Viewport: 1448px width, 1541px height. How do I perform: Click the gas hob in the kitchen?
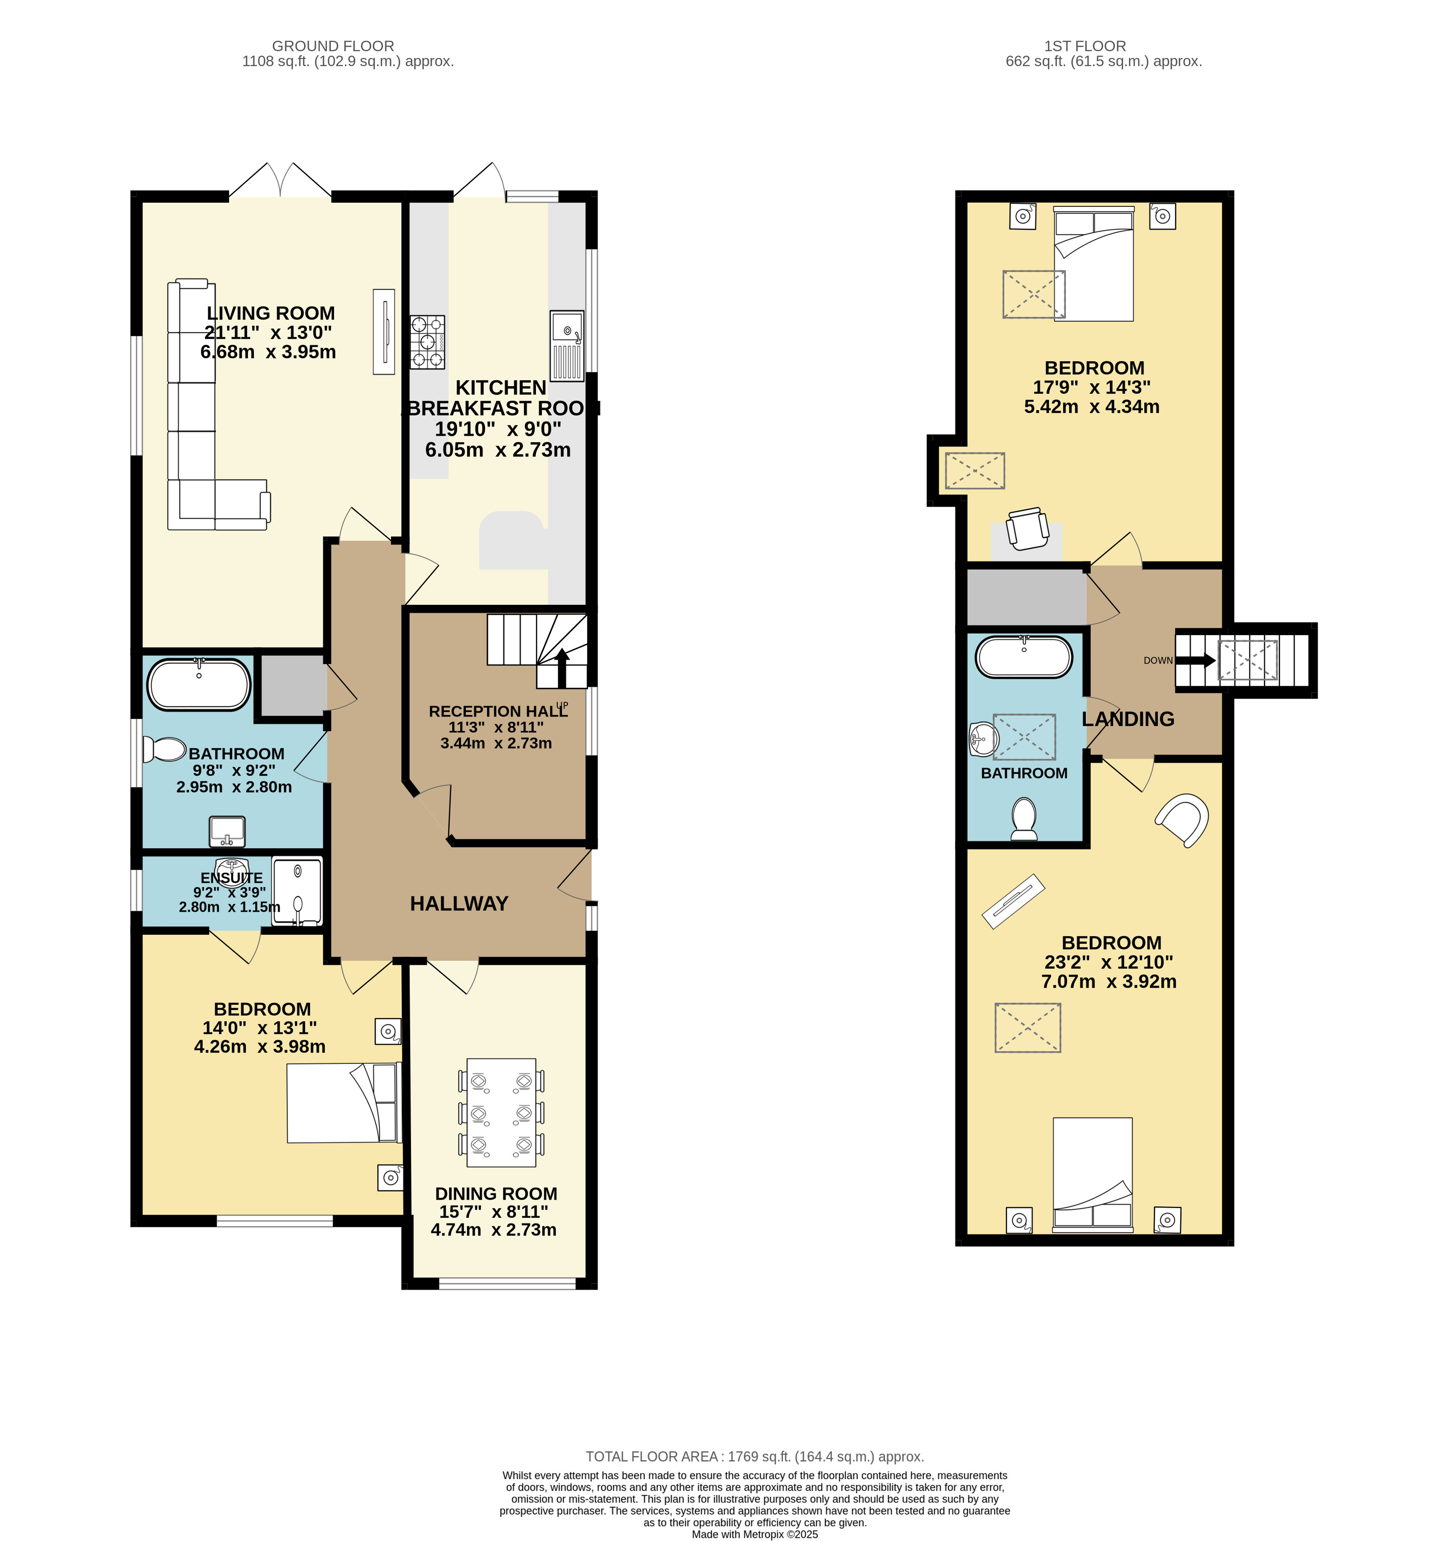tap(427, 342)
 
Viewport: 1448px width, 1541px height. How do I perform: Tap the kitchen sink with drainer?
tap(567, 346)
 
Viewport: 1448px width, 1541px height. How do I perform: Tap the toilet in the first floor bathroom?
tap(1024, 819)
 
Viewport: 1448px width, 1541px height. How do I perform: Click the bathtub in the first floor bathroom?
tap(1024, 657)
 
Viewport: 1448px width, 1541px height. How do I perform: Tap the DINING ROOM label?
tap(496, 1194)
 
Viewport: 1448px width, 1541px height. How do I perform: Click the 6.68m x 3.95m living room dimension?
tap(268, 352)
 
